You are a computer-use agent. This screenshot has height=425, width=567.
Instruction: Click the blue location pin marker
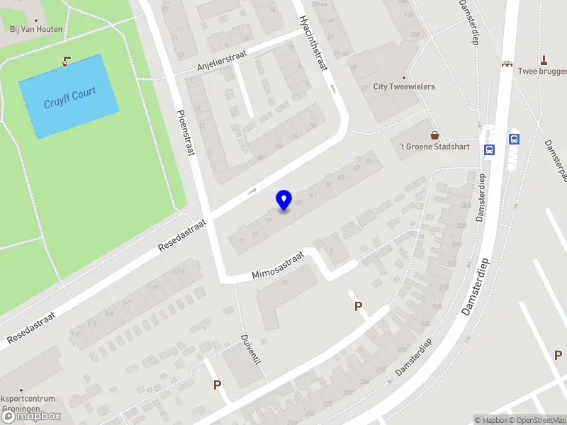283,200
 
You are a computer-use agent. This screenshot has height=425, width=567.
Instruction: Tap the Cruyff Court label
69,97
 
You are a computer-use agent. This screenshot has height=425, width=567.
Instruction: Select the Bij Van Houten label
36,29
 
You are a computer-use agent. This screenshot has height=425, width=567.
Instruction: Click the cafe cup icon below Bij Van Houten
67,61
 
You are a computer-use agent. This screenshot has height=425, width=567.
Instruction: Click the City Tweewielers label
404,86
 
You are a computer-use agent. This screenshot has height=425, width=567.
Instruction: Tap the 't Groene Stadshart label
423,147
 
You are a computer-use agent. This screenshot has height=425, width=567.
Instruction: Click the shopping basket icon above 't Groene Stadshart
434,135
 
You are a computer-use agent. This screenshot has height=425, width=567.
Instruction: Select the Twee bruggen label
543,71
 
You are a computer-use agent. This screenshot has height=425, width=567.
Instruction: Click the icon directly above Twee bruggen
544,59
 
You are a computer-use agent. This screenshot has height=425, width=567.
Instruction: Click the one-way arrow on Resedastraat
252,191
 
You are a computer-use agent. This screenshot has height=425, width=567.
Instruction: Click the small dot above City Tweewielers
404,77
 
